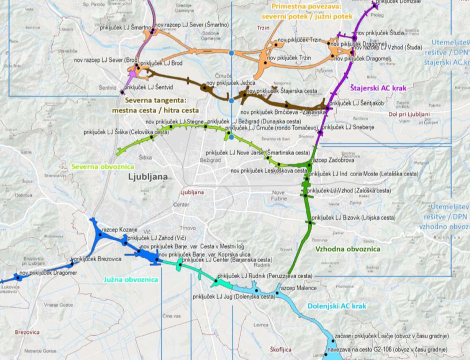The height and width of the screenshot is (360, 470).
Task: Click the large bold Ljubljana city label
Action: pos(147,176)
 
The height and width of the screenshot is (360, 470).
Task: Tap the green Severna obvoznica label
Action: pos(102,166)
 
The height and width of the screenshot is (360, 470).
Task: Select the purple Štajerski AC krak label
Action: pos(378,88)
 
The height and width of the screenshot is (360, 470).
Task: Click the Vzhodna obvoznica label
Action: pos(347,248)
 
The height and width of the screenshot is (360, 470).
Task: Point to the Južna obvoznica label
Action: pos(130,279)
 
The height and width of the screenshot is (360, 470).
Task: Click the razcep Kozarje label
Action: pos(119,229)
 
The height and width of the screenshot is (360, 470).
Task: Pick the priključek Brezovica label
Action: pos(97,259)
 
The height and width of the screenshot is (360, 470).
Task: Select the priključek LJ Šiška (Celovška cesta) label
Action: pos(126,132)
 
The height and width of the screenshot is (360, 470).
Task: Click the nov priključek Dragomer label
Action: pos(48,273)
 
